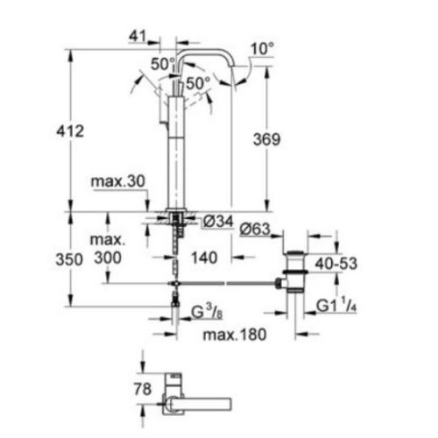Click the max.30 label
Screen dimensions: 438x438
coord(115,182)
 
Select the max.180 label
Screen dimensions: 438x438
coord(232,336)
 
